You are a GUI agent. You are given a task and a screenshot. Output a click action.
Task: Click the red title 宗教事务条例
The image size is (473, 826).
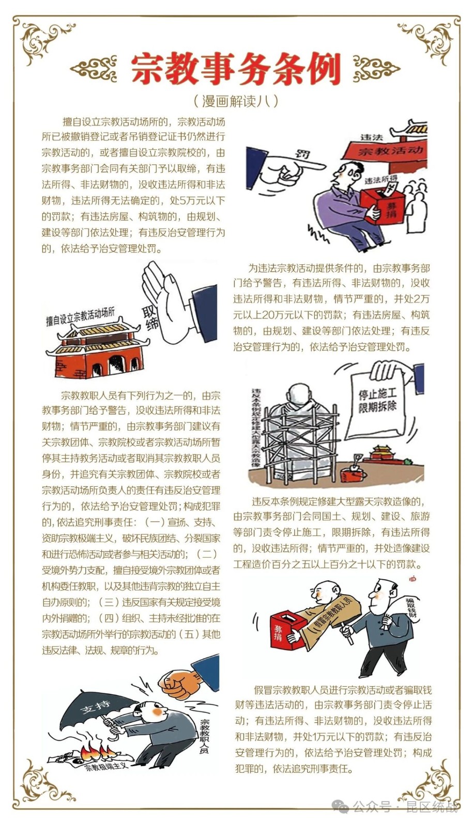point(236,69)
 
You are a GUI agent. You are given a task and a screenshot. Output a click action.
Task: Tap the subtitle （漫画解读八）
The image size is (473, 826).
point(236,101)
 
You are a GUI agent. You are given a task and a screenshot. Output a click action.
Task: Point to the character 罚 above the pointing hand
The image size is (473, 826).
point(302,154)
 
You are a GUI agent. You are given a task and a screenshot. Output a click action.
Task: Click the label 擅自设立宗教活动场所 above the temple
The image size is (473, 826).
point(80,317)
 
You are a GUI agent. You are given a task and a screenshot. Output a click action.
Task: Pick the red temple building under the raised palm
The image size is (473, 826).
point(97,351)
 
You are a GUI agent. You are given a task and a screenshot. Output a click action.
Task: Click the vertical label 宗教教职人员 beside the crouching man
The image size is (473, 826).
point(204,738)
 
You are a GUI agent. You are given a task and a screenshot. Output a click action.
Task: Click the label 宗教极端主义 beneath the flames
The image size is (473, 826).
point(106,767)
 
